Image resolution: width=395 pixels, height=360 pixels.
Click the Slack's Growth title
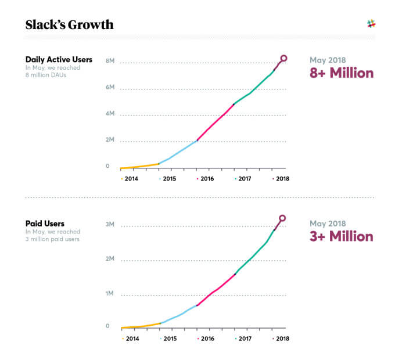click(x=69, y=24)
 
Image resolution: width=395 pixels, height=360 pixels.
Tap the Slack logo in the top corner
click(x=371, y=24)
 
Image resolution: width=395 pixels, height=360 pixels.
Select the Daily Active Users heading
click(x=59, y=60)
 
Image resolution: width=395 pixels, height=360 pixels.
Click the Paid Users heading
click(x=44, y=223)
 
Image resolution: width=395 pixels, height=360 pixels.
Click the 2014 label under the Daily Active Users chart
click(x=132, y=179)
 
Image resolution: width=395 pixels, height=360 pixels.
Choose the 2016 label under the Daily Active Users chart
click(x=207, y=179)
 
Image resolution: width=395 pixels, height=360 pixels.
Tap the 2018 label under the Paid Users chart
click(x=282, y=338)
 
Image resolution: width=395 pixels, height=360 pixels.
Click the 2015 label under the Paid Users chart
click(x=169, y=338)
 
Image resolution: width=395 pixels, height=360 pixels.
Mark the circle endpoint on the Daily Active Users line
click(x=283, y=58)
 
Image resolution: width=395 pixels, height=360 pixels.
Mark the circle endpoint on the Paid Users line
click(x=282, y=219)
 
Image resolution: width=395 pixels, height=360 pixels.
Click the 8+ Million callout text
click(x=342, y=74)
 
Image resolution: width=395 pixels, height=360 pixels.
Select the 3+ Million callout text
click(x=342, y=237)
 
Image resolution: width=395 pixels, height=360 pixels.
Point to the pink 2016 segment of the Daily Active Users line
click(x=215, y=122)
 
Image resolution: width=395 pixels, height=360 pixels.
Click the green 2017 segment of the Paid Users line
click(x=253, y=255)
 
